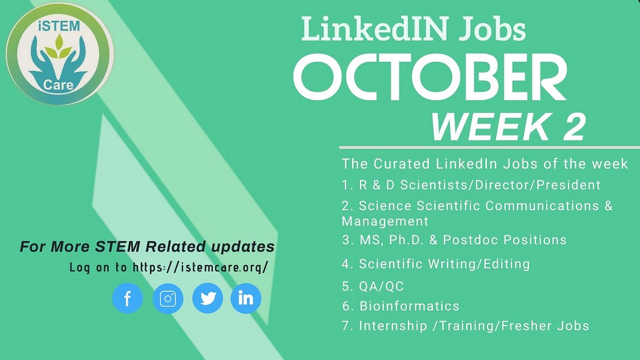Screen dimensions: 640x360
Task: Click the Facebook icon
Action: click(x=127, y=298)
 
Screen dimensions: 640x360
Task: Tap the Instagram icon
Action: click(x=168, y=298)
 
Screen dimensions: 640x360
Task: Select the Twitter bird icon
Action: click(x=208, y=298)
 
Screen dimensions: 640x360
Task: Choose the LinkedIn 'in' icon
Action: click(x=246, y=298)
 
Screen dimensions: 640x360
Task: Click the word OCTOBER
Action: click(x=430, y=77)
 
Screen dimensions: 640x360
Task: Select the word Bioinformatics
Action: click(x=410, y=306)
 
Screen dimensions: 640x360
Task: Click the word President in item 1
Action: click(x=569, y=185)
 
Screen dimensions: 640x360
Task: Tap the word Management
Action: click(x=385, y=221)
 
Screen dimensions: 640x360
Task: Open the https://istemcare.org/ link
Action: click(x=200, y=268)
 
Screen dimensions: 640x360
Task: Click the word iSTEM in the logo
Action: click(x=59, y=26)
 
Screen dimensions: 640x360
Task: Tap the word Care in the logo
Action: click(x=58, y=85)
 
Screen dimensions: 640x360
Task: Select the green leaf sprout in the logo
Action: click(x=59, y=47)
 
